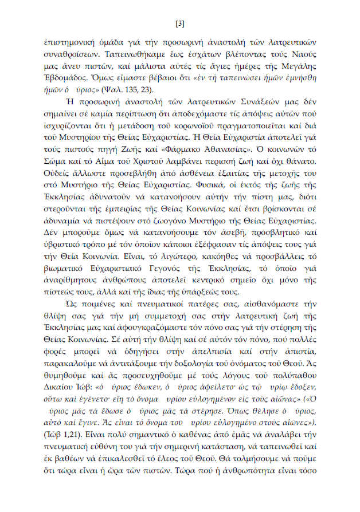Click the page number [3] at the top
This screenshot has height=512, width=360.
(x=179, y=23)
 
